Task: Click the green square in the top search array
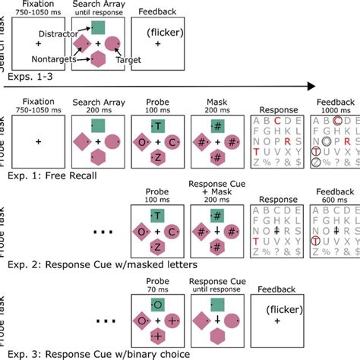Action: click(99, 28)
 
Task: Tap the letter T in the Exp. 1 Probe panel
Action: click(157, 125)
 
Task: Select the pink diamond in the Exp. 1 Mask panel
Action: click(201, 141)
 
